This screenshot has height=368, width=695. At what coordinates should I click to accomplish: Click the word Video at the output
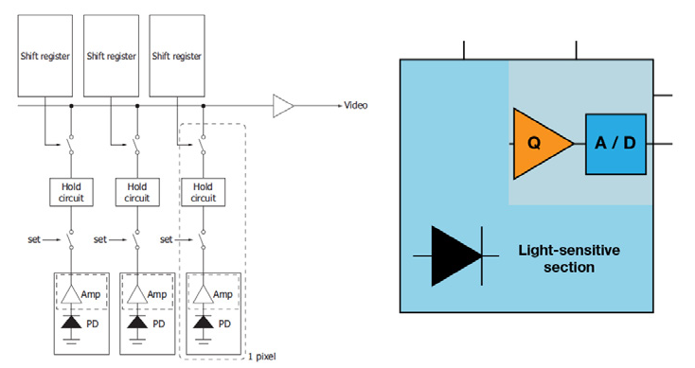[x=356, y=105]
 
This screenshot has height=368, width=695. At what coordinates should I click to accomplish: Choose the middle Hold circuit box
[x=137, y=193]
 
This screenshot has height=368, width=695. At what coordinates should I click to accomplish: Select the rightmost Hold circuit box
[x=204, y=193]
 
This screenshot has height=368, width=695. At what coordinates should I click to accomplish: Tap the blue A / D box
[x=615, y=143]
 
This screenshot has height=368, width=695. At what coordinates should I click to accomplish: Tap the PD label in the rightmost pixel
[x=226, y=323]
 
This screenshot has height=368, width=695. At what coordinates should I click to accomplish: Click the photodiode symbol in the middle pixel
[x=138, y=324]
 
